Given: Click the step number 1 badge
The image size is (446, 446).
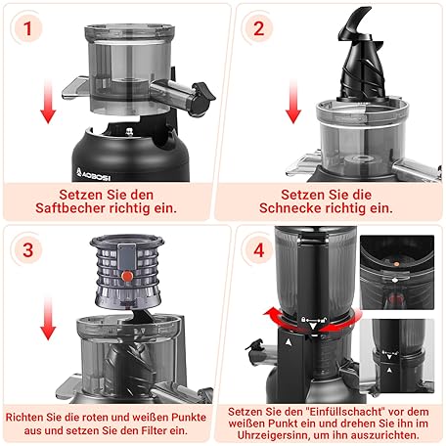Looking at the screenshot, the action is [27, 28].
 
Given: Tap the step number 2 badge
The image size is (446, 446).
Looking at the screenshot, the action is [259, 28].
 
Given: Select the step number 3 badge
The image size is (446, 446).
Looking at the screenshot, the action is [28, 250].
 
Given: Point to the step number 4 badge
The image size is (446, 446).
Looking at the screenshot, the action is [259, 250].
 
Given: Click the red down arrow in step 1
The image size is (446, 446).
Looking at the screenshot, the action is [48, 101].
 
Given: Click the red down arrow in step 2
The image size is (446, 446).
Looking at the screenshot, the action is [293, 101].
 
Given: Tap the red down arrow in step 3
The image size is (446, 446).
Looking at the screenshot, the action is [48, 319].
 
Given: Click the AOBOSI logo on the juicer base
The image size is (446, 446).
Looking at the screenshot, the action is [93, 175].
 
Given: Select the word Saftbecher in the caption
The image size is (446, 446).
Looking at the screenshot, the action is [71, 208].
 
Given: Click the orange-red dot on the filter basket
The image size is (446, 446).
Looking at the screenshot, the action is [127, 277].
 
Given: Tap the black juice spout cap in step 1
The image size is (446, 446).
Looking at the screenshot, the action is [202, 99].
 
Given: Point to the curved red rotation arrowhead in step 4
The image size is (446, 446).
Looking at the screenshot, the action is [270, 315].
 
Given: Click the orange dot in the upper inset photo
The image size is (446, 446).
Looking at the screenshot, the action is [396, 264].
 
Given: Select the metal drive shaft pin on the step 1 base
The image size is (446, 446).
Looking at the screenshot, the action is [130, 131].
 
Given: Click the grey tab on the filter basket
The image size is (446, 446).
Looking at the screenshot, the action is [126, 257].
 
